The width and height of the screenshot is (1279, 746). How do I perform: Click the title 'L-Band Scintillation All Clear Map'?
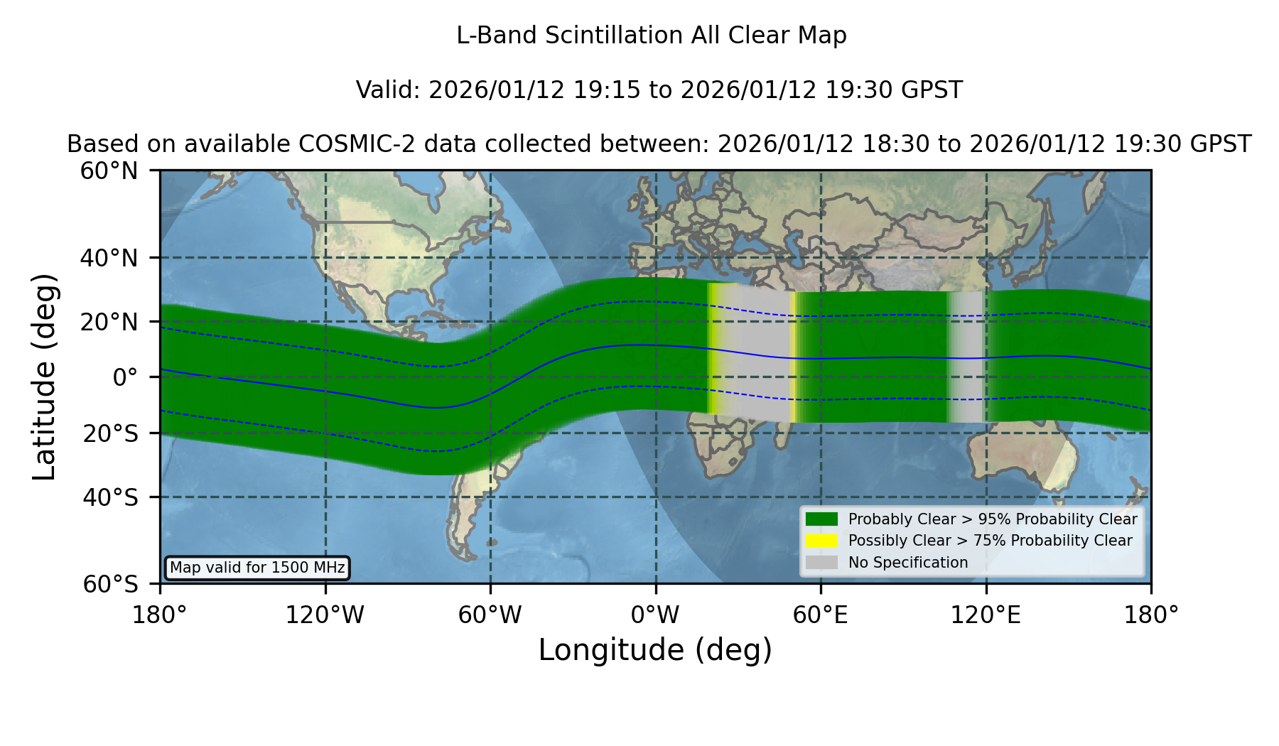[651, 36]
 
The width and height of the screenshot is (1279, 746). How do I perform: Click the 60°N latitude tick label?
[109, 171]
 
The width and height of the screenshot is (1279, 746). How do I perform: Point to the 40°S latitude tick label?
[110, 497]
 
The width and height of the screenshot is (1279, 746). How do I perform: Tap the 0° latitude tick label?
[125, 377]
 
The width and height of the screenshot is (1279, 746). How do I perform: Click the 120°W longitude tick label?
[325, 615]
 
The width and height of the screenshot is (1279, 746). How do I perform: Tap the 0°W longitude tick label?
[655, 615]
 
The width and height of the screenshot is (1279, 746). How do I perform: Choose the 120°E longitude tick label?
[986, 615]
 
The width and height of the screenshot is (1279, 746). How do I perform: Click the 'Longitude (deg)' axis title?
[655, 650]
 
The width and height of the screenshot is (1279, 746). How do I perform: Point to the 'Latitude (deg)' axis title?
[44, 377]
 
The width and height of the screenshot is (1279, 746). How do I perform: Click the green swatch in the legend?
[821, 519]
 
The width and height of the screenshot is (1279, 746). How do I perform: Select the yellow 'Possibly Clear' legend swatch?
[821, 541]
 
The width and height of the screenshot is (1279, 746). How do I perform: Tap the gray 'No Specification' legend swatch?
[821, 563]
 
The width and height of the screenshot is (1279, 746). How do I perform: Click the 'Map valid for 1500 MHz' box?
[257, 568]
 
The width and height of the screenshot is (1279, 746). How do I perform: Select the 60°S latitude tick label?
[110, 584]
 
